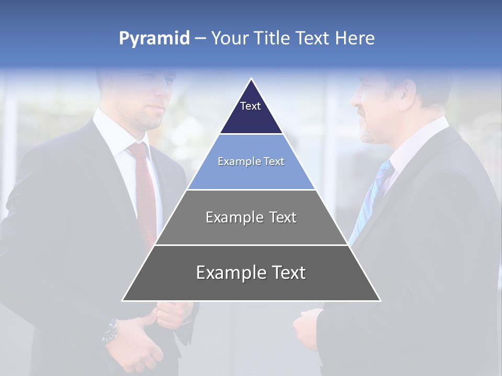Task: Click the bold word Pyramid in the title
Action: tap(154, 39)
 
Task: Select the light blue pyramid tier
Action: tap(251, 162)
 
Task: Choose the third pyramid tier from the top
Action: tap(251, 217)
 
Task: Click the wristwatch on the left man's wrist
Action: tap(110, 332)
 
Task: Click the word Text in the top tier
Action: tap(250, 106)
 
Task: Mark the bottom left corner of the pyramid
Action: tap(123, 300)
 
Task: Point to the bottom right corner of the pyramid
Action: tap(380, 300)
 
